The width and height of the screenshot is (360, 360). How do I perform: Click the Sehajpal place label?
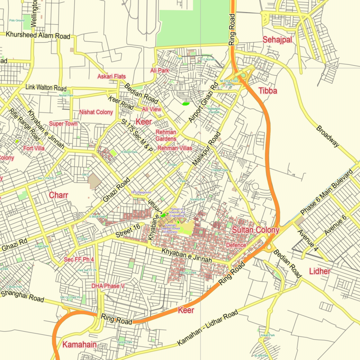click(277, 40)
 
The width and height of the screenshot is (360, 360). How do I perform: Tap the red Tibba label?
click(268, 91)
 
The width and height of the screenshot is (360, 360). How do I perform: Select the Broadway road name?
click(328, 135)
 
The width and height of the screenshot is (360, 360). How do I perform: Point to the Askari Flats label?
click(112, 76)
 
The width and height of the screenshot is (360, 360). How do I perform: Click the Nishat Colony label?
click(96, 112)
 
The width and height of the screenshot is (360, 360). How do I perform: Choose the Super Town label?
click(63, 124)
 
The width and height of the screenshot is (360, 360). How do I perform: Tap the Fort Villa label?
click(34, 148)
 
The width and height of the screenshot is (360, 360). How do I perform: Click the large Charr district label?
click(58, 195)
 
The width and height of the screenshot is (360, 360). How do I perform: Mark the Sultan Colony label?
click(256, 230)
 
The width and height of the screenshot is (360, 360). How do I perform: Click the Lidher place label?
click(319, 271)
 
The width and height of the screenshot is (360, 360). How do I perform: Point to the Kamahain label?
click(80, 345)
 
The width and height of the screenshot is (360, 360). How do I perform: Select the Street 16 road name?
click(128, 233)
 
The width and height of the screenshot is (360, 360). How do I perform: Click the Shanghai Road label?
click(22, 297)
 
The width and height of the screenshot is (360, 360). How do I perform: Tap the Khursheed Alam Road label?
click(38, 36)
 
